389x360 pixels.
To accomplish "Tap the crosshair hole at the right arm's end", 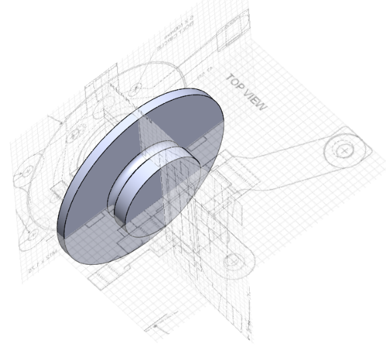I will pos(344,150).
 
